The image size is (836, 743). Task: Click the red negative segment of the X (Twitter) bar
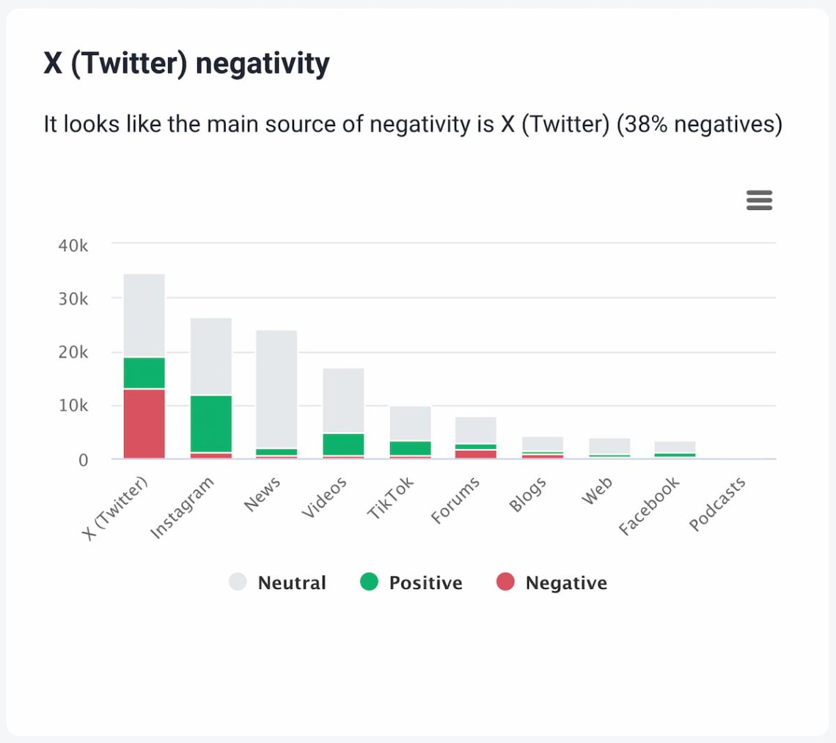(x=144, y=423)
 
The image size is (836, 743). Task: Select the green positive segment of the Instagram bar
(x=211, y=423)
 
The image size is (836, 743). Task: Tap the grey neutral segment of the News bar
(x=276, y=389)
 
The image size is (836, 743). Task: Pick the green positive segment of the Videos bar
(x=344, y=444)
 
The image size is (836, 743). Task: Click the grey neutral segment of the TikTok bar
(x=411, y=423)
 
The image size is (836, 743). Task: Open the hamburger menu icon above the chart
(x=759, y=200)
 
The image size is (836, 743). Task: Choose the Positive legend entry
(x=411, y=583)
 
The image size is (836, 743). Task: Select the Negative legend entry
(x=552, y=583)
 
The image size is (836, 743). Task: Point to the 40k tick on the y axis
(x=73, y=246)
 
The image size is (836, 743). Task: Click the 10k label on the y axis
(x=73, y=406)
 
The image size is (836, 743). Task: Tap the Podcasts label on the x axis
(x=718, y=504)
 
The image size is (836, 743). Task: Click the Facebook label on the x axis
(x=649, y=505)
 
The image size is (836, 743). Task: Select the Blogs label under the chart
(x=527, y=499)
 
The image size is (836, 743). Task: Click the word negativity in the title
(x=263, y=64)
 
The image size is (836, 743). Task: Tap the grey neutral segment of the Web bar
(x=609, y=446)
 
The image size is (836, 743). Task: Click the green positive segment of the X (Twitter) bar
(x=144, y=373)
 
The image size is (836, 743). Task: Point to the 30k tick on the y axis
(x=73, y=299)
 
